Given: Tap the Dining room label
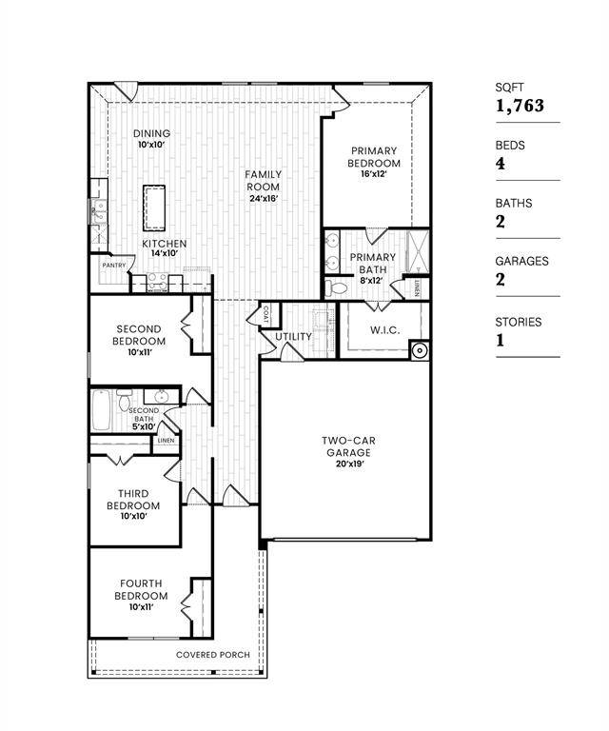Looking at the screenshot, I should point(151,133).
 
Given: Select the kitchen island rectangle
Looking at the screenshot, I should point(155,207).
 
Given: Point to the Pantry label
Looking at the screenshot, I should point(115,266).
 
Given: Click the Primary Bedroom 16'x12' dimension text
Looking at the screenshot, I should point(374,174).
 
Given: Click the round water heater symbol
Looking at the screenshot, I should point(417,351).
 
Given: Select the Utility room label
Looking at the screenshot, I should point(294,337).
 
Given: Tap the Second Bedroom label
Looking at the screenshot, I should point(138,335).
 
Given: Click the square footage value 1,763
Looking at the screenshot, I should point(520,106).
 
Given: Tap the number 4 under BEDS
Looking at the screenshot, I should point(501,164).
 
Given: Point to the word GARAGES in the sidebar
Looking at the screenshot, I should point(521,261).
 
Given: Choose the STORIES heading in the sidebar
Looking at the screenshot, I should point(519,322).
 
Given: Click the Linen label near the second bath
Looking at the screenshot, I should point(166,441).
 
